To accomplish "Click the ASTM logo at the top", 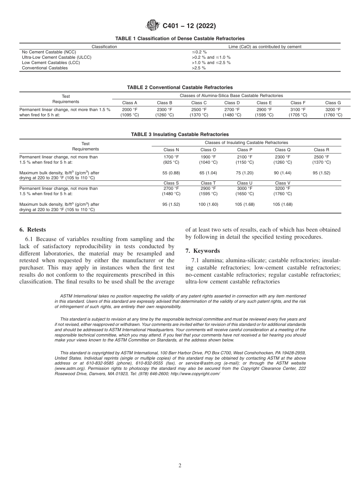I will [153, 26].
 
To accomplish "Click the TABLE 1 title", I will [180, 39].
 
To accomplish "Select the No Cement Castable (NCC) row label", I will [49, 52].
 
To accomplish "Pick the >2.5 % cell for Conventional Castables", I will [199, 68].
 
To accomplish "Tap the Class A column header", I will [130, 103].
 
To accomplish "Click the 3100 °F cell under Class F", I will [298, 110].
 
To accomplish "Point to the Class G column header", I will [333, 103].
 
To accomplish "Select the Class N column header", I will [171, 150].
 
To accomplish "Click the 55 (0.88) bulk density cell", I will [171, 172].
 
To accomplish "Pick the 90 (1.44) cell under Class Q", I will [282, 172].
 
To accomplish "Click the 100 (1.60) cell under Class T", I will [208, 204].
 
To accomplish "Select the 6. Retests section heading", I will [33, 230].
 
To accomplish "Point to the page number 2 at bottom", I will [180, 466].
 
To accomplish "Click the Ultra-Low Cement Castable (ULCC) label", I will [56, 57].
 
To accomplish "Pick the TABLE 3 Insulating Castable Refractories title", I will [180, 135].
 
